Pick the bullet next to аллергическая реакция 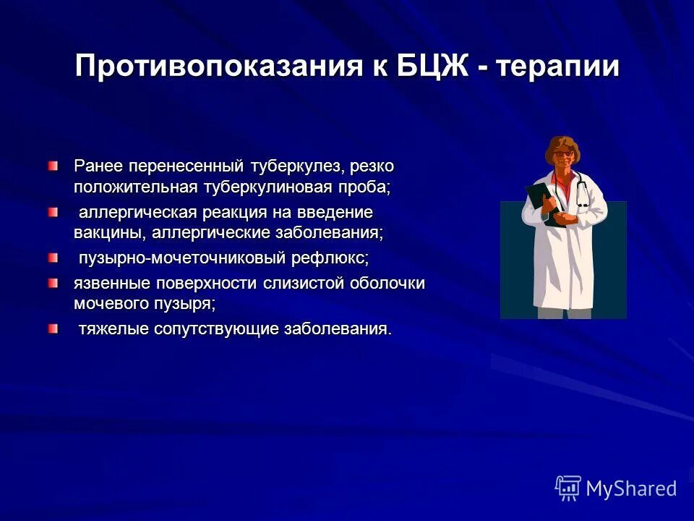pyautogui.click(x=54, y=213)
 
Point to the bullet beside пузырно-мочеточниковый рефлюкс pyautogui.click(x=54, y=258)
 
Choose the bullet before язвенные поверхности pyautogui.click(x=54, y=283)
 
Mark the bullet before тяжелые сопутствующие pyautogui.click(x=54, y=329)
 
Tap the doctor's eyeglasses pyautogui.click(x=565, y=153)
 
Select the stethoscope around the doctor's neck pyautogui.click(x=581, y=190)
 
